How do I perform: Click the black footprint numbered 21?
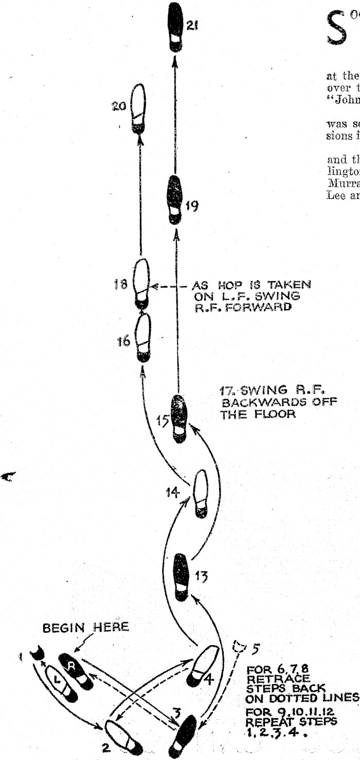176,27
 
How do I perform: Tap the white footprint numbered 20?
138,108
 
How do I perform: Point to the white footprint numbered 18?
141,282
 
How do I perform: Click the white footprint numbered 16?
143,337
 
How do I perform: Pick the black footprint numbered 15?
179,418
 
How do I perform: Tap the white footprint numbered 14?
201,493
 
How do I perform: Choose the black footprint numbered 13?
181,576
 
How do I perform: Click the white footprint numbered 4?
204,665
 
